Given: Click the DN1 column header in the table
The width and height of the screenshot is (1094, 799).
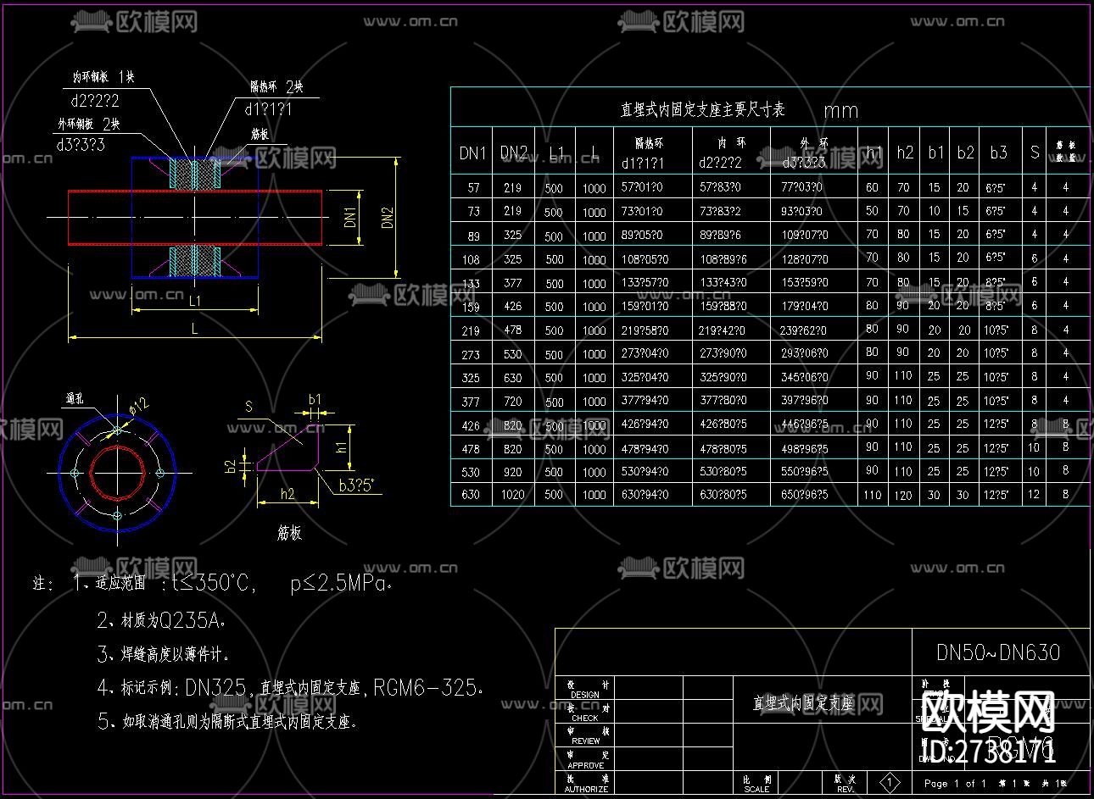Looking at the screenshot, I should pos(472,153).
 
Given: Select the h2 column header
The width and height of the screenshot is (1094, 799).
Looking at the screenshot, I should pos(905,153).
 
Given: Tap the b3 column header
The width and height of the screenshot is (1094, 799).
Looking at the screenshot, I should pos(998,153).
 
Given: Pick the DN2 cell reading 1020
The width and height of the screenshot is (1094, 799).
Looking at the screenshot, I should pos(512,495).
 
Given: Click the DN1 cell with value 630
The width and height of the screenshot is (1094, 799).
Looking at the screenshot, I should pos(471,495).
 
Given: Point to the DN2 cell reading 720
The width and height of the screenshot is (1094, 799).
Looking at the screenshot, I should pos(512,401).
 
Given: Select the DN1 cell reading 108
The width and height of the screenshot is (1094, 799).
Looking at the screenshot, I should pos(471,259).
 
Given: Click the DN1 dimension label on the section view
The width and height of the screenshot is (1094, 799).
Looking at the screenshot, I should pos(350,217).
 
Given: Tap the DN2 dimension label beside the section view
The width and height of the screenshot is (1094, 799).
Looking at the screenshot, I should pos(388,217).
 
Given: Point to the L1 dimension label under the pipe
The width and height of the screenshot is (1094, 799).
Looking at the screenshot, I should pos(194,300).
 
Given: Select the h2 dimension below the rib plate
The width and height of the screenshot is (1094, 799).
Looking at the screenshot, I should pos(287,493).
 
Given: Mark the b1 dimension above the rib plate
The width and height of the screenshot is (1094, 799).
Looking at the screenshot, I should pos(315,399).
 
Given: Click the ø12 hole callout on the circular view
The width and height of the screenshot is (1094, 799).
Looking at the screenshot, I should pos(139,406).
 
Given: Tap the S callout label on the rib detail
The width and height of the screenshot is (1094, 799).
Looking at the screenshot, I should pos(248,407).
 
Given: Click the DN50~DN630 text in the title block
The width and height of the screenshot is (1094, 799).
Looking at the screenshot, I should pos(998,652).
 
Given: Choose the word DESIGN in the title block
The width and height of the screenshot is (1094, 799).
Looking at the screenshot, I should pos(585,695).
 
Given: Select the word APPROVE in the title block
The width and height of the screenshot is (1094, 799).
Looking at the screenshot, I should pos(585,765).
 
